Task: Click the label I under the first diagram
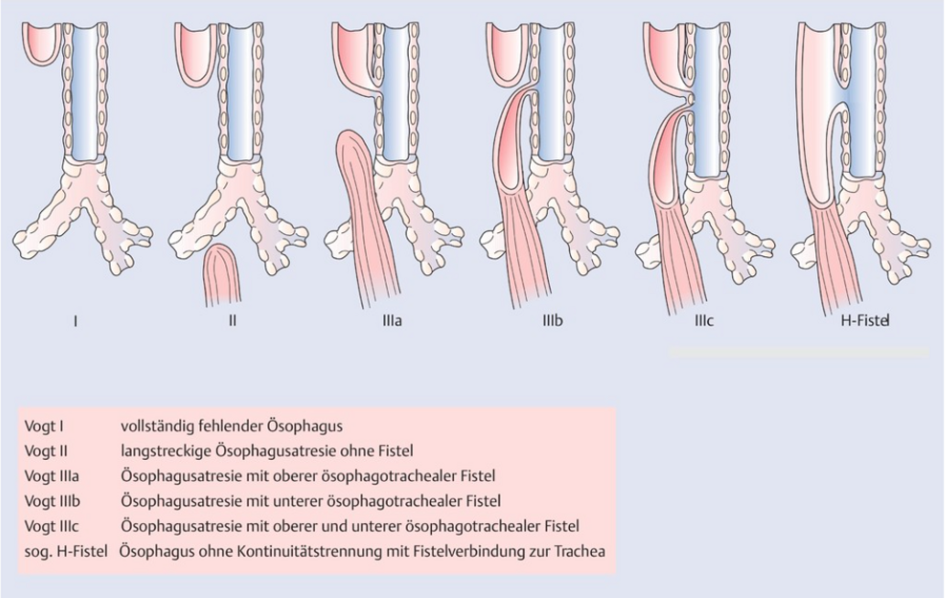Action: click(x=75, y=321)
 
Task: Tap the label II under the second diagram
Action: click(x=233, y=321)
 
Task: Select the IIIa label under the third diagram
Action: click(x=392, y=321)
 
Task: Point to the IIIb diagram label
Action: click(x=553, y=321)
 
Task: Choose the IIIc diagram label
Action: click(x=704, y=321)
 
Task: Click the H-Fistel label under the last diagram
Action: click(x=865, y=321)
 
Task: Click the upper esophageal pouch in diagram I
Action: click(x=42, y=43)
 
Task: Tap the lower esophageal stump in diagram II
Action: click(x=222, y=274)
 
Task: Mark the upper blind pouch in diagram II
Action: click(x=197, y=54)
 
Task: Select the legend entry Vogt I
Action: click(x=43, y=426)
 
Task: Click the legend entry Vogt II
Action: click(x=46, y=451)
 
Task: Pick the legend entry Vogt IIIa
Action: click(x=51, y=476)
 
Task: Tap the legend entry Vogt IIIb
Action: click(x=52, y=501)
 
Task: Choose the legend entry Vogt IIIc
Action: click(x=51, y=527)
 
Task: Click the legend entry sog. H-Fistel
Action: click(x=66, y=551)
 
